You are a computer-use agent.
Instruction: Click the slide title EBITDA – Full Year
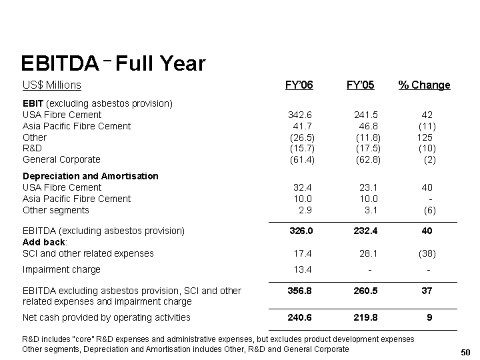click(113, 63)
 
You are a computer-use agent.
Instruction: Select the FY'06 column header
click(299, 85)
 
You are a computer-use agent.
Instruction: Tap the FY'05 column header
click(360, 85)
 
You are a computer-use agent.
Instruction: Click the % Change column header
click(424, 85)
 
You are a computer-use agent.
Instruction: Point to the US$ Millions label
click(52, 85)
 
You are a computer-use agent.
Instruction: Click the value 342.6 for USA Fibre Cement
click(300, 115)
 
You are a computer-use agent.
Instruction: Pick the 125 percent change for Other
click(425, 137)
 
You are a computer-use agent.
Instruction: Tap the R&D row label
click(32, 148)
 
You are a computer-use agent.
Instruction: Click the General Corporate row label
click(61, 159)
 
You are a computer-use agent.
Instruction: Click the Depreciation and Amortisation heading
click(91, 176)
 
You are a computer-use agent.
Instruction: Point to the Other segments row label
click(56, 210)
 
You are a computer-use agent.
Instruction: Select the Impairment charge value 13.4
click(303, 269)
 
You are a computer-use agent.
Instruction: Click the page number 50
click(465, 352)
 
